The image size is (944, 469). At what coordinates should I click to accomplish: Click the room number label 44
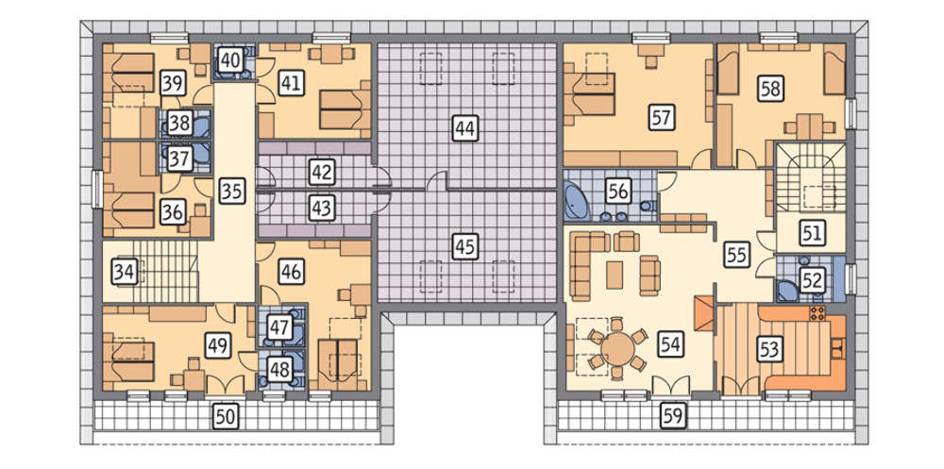point(464,127)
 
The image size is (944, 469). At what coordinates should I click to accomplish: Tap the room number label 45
point(464,247)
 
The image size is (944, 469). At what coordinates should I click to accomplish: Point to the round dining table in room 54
point(617,347)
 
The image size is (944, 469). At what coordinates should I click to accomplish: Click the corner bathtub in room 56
point(578,204)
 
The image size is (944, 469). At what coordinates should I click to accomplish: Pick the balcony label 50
point(225,416)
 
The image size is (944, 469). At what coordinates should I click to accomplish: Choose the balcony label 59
point(673,416)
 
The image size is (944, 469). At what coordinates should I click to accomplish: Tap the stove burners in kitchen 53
point(817,313)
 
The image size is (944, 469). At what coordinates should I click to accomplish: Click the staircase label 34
point(125,272)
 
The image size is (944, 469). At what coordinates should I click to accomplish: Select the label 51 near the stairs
point(813,233)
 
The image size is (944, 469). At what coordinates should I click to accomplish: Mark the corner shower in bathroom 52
point(786,291)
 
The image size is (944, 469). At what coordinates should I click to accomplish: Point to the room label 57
point(661,117)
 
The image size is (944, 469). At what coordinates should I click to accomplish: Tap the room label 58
point(770,89)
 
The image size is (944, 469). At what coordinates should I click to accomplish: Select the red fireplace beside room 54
point(704,313)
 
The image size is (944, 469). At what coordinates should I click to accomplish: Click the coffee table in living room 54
point(615,276)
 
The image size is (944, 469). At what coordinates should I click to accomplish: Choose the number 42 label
point(322,172)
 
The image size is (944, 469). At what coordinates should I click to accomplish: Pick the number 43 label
point(322,209)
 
